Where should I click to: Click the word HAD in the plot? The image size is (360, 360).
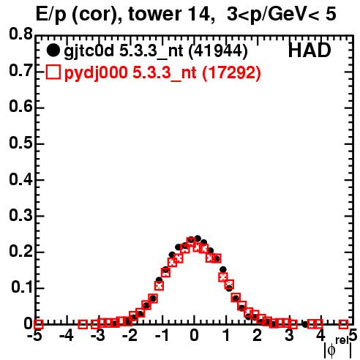point(310,50)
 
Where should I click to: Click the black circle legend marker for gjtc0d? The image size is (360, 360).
point(53,50)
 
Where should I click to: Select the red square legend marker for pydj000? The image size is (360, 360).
point(53,72)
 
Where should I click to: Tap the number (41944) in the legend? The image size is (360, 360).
point(218,51)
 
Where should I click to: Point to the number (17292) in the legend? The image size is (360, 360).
point(232,72)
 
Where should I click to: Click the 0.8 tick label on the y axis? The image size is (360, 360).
point(21,34)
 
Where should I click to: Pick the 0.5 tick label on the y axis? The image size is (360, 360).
point(21,143)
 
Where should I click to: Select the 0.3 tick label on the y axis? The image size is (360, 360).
point(21,215)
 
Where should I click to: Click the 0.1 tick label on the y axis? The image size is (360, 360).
point(22,288)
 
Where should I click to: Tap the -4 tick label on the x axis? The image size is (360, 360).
point(67,335)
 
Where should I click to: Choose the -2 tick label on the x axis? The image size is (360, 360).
point(130,335)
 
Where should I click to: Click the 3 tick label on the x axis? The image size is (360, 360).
point(290,335)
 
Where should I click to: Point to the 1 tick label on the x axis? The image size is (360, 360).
point(227,335)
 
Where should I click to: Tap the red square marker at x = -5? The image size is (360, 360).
point(38,324)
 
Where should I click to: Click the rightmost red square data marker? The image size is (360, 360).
point(343,324)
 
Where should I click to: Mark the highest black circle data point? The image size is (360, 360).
point(198,239)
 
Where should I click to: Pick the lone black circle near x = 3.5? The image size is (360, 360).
point(305,324)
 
